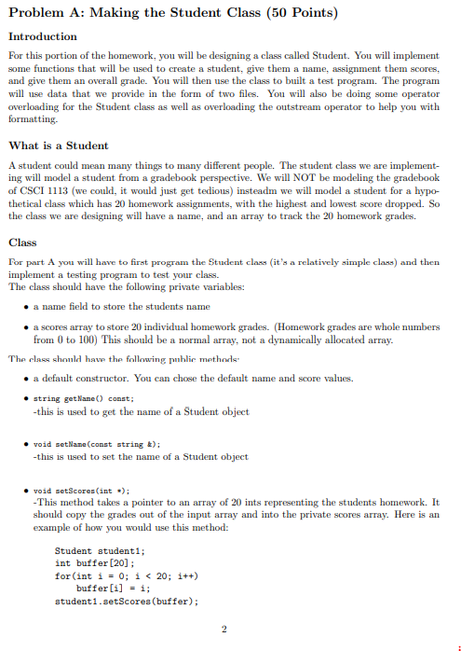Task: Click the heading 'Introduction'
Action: [x=43, y=36]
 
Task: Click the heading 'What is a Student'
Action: [x=59, y=145]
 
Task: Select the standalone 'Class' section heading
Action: [x=22, y=242]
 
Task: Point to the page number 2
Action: [x=224, y=628]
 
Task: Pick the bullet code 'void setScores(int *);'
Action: [x=81, y=490]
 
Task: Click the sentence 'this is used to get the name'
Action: [x=140, y=411]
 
